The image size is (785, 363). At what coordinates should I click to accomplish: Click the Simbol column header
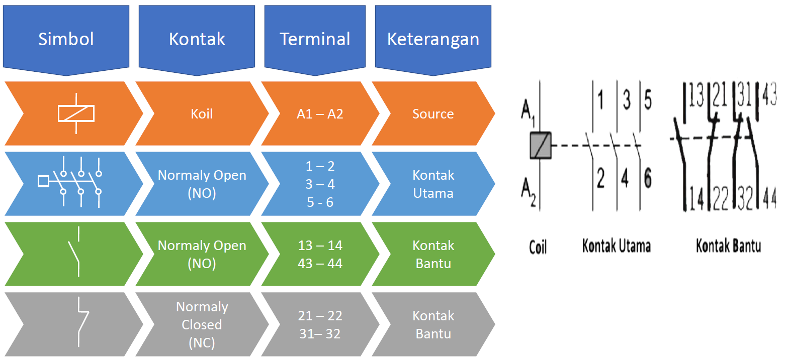tap(66, 39)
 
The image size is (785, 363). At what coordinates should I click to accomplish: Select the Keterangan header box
tap(433, 39)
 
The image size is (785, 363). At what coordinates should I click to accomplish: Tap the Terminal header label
tap(315, 39)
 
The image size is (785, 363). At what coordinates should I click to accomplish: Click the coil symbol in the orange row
tap(76, 113)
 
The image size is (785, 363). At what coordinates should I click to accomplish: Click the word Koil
tap(202, 114)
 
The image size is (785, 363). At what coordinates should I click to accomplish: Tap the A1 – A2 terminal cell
tap(320, 114)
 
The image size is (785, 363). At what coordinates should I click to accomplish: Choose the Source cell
tap(433, 114)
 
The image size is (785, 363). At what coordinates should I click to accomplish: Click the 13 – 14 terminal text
tap(320, 246)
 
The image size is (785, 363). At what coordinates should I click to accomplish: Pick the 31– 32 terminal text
tap(320, 334)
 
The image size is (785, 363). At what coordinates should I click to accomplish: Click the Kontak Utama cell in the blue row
tap(433, 184)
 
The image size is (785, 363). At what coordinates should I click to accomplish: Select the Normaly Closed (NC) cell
tap(202, 324)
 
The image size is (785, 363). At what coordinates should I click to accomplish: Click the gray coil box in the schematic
tap(541, 145)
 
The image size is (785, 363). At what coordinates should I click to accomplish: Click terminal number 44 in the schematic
tap(769, 197)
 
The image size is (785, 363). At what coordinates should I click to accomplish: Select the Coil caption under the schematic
tap(538, 247)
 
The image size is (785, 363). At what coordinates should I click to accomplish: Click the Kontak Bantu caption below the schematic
tap(728, 246)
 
